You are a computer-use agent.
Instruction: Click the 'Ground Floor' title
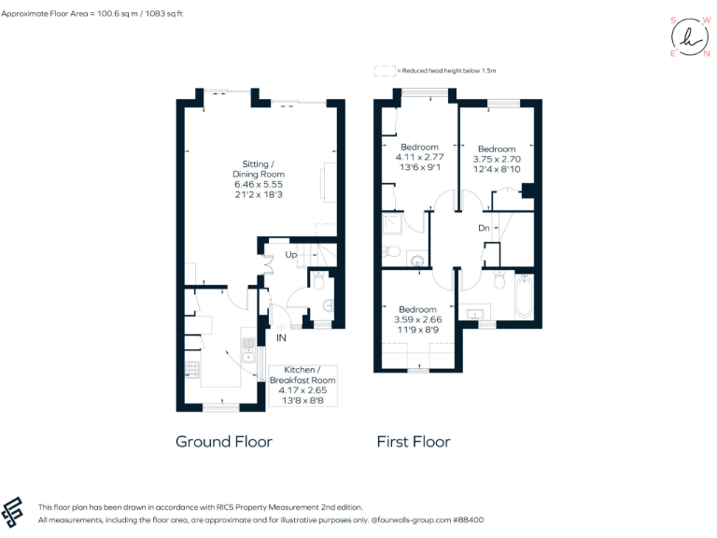pos(224,441)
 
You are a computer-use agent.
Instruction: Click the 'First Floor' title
pos(413,441)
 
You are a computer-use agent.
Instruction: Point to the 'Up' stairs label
pos(291,254)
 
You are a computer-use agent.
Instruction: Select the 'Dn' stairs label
pos(484,228)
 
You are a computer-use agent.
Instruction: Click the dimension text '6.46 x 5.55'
pos(259,185)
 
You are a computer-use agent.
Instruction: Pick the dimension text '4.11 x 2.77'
pos(419,157)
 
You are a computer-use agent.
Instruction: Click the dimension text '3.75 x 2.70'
pos(496,159)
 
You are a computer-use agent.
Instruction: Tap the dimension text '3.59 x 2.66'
pos(417,319)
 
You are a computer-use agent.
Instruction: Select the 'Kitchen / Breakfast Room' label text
pos(302,375)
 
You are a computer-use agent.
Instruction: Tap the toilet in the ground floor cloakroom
pos(318,279)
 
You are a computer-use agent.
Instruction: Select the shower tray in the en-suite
pos(392,224)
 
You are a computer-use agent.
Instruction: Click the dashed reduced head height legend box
pos(383,71)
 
